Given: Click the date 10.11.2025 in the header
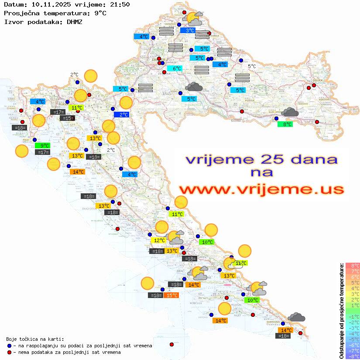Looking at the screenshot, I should tap(49, 5).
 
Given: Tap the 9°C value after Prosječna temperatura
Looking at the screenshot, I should tap(100, 13).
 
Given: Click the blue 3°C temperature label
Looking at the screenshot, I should tap(188, 31).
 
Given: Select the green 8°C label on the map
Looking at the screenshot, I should tap(285, 124).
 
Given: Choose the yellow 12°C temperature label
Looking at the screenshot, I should tap(158, 240).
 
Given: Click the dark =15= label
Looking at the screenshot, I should tap(67, 118).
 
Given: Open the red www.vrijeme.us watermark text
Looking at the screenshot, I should tap(261, 189).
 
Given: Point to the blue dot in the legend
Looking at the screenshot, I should tap(9, 346).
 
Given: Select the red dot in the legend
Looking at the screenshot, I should tap(9, 352).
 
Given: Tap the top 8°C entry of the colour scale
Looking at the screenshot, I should tap(352, 265).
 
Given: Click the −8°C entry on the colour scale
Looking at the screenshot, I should tap(352, 356).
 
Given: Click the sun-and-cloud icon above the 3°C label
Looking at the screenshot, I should tap(194, 19).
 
